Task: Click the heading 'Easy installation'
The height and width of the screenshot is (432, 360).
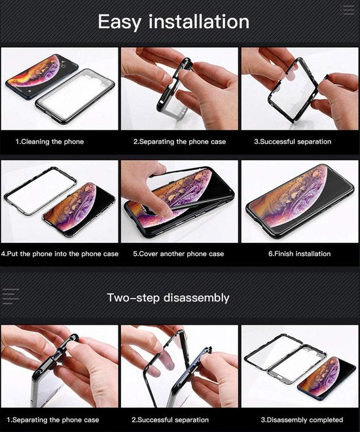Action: pyautogui.click(x=173, y=22)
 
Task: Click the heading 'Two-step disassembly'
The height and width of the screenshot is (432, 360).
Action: pyautogui.click(x=168, y=298)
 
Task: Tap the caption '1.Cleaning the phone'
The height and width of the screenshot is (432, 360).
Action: pyautogui.click(x=50, y=141)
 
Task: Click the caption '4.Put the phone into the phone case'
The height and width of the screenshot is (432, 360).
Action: pyautogui.click(x=60, y=254)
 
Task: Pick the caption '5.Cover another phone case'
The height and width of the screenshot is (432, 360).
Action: pyautogui.click(x=178, y=254)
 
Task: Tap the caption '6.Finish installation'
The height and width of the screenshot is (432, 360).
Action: pyautogui.click(x=299, y=254)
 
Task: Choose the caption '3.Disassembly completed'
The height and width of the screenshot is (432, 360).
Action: pyautogui.click(x=302, y=420)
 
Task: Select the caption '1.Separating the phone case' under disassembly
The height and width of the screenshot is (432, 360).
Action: pyautogui.click(x=53, y=420)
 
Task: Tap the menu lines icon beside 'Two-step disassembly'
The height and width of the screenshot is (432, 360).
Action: pyautogui.click(x=11, y=297)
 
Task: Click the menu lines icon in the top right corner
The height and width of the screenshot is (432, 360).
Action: pyautogui.click(x=348, y=9)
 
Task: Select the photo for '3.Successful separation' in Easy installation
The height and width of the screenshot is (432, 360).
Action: pyautogui.click(x=299, y=88)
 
